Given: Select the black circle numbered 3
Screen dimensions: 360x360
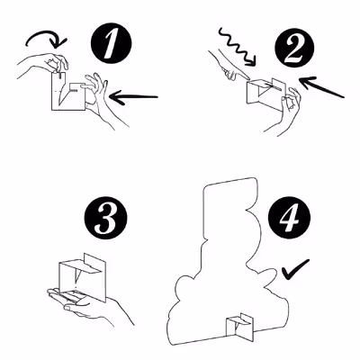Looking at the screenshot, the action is click(105, 218).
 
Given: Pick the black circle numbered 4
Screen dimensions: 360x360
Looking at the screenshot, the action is click(289, 218).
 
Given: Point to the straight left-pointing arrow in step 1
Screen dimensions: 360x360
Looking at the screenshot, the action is click(133, 97).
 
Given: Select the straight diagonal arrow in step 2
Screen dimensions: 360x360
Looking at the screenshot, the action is click(321, 86).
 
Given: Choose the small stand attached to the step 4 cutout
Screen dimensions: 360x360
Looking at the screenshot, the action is click(239, 328).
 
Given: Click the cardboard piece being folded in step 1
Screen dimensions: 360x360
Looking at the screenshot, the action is click(69, 92).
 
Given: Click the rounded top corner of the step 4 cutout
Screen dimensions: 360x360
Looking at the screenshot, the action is click(255, 181).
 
